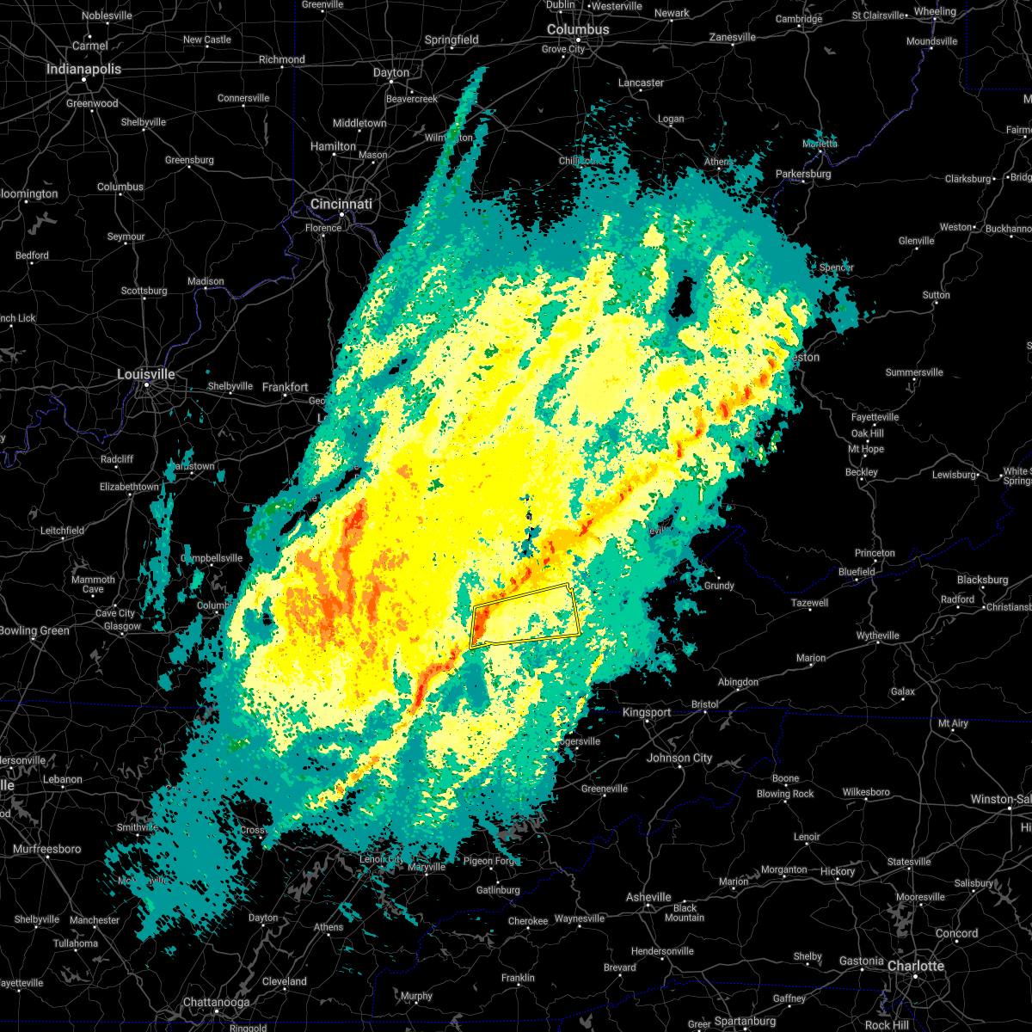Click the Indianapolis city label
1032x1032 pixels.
[x=83, y=69]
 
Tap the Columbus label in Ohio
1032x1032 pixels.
[x=578, y=29]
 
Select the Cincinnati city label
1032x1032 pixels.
[x=341, y=204]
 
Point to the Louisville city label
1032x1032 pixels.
[x=146, y=374]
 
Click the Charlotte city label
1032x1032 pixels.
[x=915, y=966]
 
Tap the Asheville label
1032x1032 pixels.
[x=648, y=897]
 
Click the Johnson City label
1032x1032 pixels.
[x=679, y=758]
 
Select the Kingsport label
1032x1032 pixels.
[x=647, y=712]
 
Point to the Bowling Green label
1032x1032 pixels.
[x=34, y=630]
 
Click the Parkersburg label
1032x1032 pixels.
[x=803, y=174]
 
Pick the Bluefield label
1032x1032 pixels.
[x=857, y=572]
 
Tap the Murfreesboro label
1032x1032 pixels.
[x=47, y=849]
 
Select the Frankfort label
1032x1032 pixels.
[x=285, y=388]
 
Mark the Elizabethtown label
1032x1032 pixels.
[x=129, y=487]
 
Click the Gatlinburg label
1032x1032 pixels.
[x=498, y=890]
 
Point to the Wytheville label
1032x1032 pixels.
[x=877, y=636]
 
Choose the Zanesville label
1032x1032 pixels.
[x=733, y=37]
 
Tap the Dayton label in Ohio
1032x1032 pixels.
[x=391, y=73]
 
